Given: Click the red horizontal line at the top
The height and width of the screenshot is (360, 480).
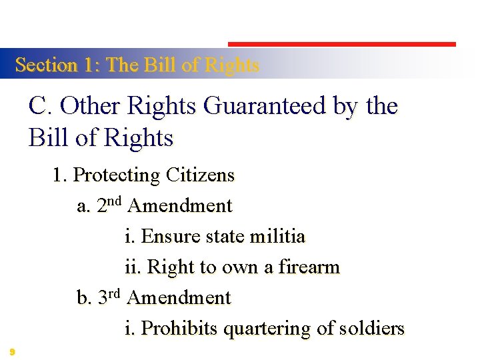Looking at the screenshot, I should click(x=342, y=44).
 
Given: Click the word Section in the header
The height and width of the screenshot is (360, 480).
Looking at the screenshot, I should click(x=47, y=65).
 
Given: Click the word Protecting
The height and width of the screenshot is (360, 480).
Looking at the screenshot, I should click(x=117, y=175).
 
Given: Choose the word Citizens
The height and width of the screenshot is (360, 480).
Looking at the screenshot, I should click(x=201, y=175).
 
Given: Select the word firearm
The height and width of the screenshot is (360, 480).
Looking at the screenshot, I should click(x=309, y=267).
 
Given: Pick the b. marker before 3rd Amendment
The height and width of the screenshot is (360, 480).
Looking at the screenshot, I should click(x=85, y=297).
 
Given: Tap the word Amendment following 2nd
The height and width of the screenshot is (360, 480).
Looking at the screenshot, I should click(x=179, y=206).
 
